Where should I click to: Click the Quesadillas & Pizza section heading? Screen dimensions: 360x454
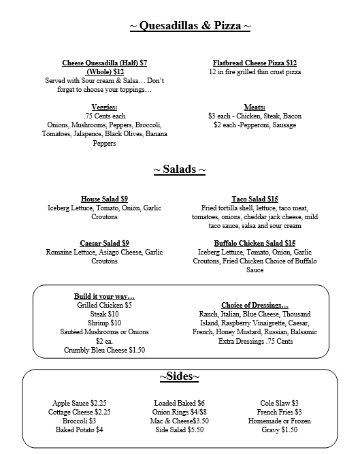(190, 26)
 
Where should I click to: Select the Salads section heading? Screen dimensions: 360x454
(179, 169)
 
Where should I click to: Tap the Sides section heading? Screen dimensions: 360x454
(180, 376)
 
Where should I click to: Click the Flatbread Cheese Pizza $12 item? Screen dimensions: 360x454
(255, 63)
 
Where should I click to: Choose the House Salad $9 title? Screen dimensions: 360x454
(104, 199)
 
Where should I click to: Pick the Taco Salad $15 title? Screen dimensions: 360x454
(255, 199)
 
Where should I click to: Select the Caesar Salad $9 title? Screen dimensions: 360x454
(104, 243)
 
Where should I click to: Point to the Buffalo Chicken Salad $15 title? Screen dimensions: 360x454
(255, 243)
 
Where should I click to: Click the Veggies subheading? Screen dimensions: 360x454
(104, 107)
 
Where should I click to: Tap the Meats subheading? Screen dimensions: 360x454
(255, 107)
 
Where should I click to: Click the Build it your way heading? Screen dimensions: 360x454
(104, 296)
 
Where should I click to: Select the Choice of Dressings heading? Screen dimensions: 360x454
(255, 305)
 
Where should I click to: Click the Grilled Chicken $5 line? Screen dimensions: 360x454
(104, 305)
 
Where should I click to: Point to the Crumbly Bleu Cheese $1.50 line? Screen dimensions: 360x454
(104, 350)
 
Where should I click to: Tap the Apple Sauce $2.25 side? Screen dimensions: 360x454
(80, 403)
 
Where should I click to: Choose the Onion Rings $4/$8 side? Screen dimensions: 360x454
(179, 412)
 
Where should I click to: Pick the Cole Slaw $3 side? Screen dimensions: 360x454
(280, 403)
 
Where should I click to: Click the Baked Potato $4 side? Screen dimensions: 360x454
(80, 429)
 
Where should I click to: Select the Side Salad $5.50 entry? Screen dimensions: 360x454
(179, 429)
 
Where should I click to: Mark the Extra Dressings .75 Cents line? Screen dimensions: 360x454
(255, 341)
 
